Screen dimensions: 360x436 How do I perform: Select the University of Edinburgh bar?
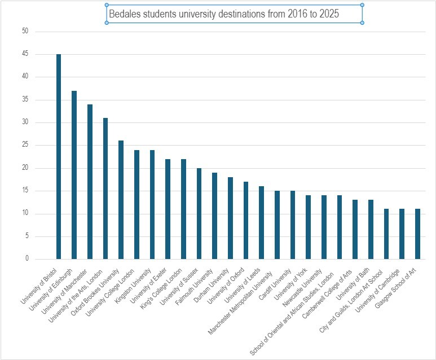point(74,175)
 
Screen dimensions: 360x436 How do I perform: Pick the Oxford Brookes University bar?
point(121,200)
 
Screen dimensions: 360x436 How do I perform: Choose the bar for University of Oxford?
point(246,221)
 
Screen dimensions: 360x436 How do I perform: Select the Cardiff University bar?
point(293,225)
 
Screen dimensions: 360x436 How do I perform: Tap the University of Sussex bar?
point(199,214)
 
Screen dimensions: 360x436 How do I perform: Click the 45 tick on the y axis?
point(25,54)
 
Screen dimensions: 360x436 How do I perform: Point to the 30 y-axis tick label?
point(25,122)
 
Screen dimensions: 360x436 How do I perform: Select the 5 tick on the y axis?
point(27,236)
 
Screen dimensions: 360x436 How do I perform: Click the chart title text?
point(223,14)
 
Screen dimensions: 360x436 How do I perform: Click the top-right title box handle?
point(362,5)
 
